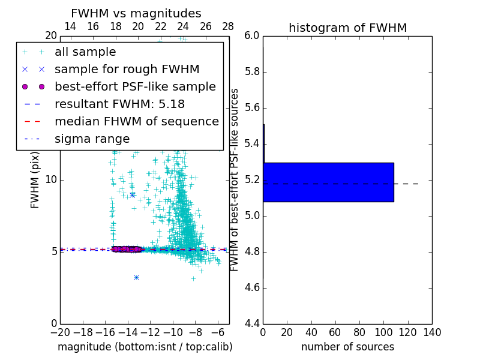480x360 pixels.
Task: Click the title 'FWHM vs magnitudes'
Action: click(x=136, y=14)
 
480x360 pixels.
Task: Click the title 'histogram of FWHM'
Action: click(x=347, y=28)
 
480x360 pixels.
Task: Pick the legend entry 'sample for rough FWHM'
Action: click(x=127, y=70)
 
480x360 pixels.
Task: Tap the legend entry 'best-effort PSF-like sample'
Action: click(x=135, y=87)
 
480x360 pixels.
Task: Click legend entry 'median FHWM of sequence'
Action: click(x=136, y=122)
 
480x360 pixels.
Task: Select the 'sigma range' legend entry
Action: click(x=92, y=139)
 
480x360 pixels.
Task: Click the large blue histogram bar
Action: click(x=328, y=182)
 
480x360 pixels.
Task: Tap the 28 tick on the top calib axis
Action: click(x=228, y=27)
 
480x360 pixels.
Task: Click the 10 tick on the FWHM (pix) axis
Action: click(x=50, y=180)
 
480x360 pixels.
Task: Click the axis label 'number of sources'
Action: click(x=347, y=347)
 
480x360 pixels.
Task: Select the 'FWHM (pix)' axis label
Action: click(x=35, y=179)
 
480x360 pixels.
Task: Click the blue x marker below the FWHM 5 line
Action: click(x=136, y=277)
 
